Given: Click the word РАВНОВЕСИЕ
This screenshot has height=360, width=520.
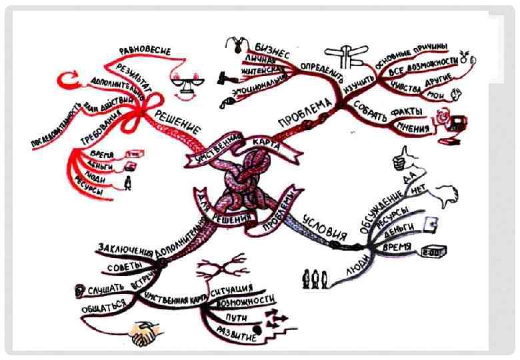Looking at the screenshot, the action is [145, 51].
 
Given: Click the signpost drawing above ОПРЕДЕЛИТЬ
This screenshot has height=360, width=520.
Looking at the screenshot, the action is [347, 55].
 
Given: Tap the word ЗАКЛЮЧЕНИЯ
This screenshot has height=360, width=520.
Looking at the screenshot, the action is [125, 249].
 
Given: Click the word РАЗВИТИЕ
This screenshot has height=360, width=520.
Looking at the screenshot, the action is [236, 334].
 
